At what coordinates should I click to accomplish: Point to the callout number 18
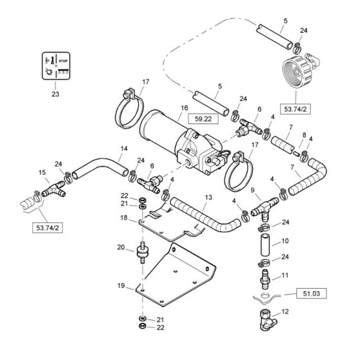point(123,219)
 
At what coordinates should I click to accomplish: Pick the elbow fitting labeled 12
point(264,318)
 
